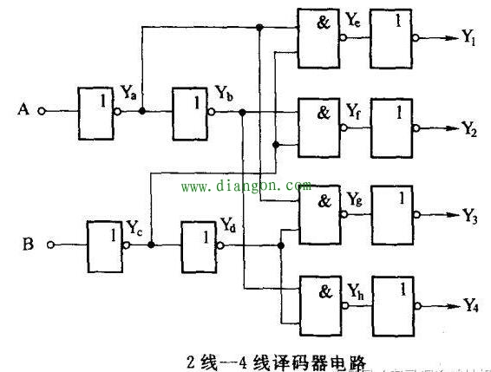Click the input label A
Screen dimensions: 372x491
(23, 109)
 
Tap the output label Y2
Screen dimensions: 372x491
(469, 131)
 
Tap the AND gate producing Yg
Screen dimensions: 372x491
(319, 212)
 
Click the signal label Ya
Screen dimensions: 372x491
(129, 91)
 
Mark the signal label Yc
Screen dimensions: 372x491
(134, 230)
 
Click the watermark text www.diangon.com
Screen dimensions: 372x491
(245, 186)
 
